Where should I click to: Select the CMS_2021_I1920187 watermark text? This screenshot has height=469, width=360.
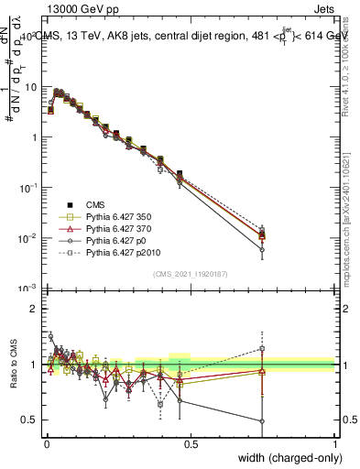click(190, 273)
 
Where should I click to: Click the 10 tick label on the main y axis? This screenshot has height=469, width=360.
click(32, 86)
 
